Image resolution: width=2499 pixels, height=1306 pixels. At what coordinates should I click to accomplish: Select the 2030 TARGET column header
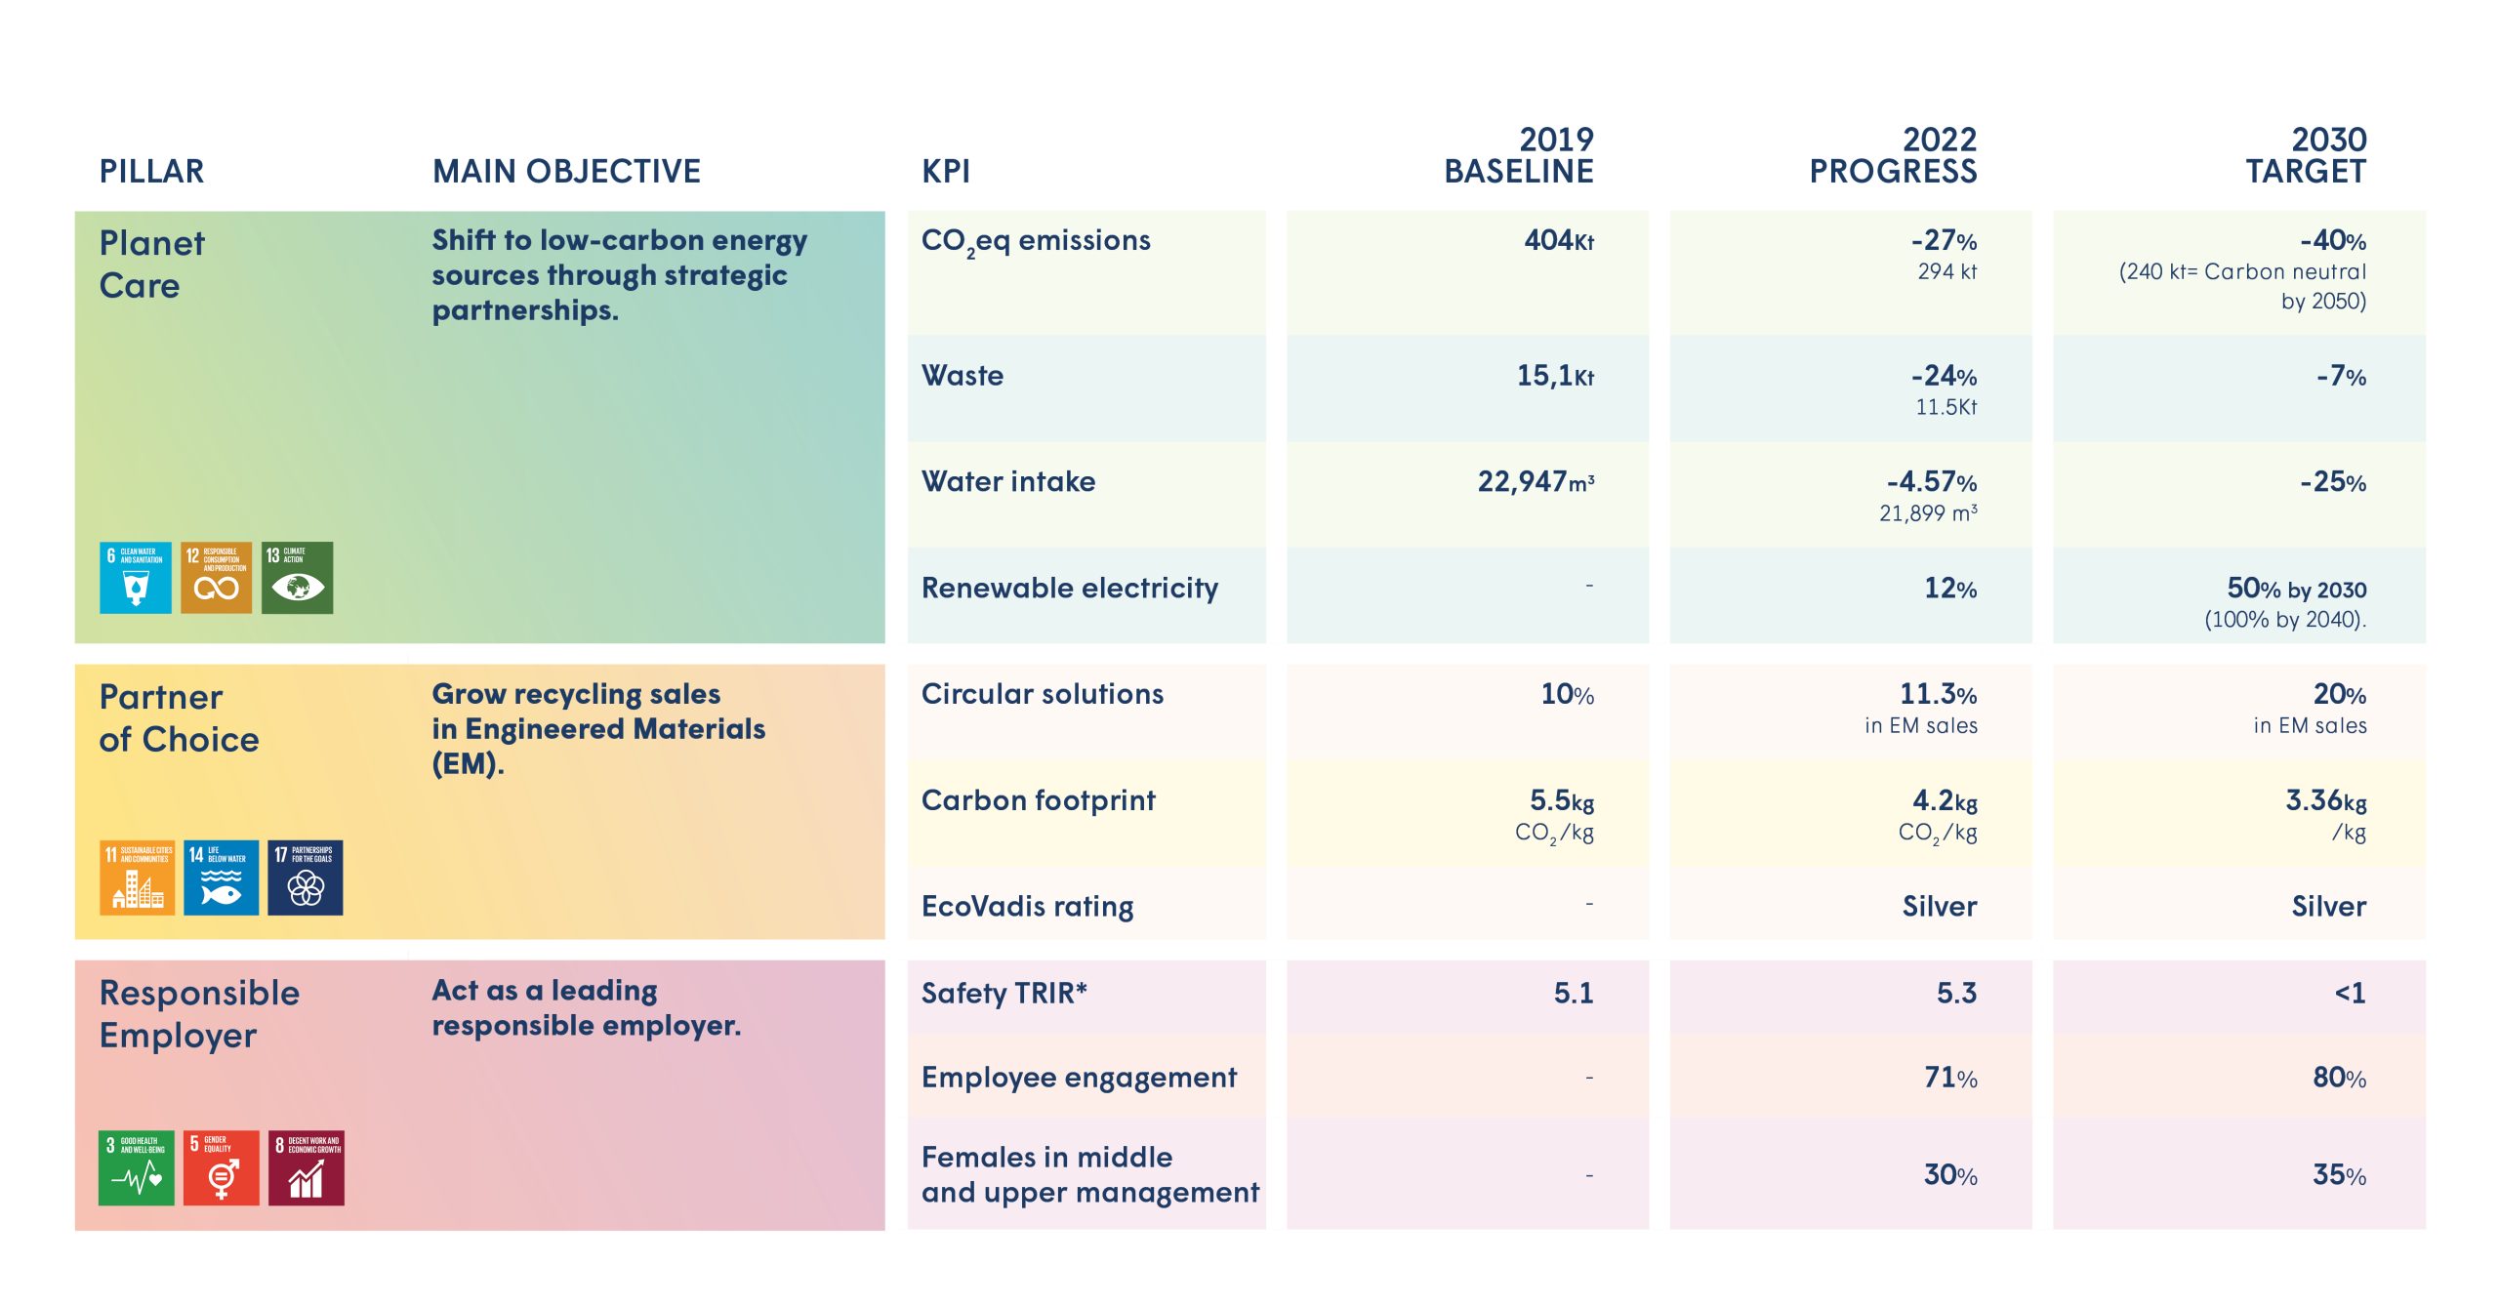(x=2306, y=155)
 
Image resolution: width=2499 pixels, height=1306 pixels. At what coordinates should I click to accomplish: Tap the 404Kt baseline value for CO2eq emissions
(x=1558, y=240)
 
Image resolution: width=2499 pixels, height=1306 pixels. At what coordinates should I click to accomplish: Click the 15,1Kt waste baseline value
(x=1554, y=376)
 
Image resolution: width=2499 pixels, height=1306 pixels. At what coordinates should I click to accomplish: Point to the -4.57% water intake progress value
(x=1931, y=482)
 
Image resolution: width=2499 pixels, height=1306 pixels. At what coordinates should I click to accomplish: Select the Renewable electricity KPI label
(x=1069, y=589)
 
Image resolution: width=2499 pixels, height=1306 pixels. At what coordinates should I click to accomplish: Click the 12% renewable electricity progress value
(x=1949, y=589)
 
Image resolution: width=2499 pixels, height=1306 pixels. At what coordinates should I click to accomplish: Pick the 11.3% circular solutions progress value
(x=1937, y=695)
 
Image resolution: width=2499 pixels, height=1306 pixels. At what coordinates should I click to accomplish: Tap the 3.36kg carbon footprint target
(x=2325, y=801)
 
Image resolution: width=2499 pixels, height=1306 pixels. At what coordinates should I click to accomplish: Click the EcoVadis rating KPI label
(x=1027, y=907)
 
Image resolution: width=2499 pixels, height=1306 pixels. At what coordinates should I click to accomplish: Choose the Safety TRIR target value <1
(x=2349, y=994)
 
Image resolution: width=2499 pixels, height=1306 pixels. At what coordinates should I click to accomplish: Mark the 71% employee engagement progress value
(x=1949, y=1078)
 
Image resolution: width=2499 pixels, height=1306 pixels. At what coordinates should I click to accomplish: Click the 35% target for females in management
(x=2338, y=1175)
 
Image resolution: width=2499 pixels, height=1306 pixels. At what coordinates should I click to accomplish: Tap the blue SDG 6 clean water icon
(x=136, y=578)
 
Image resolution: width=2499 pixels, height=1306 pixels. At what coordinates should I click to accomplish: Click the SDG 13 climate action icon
(x=298, y=578)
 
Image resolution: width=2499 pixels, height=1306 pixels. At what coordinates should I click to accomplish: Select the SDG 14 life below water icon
(x=222, y=877)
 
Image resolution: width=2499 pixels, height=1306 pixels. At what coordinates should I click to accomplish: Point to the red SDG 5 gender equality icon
(x=222, y=1168)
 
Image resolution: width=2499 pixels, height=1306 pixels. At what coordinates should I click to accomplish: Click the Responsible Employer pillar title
(x=199, y=1014)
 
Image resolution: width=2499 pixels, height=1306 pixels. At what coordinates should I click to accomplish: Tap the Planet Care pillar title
(x=151, y=265)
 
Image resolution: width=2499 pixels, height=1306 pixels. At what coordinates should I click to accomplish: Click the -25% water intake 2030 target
(x=2332, y=482)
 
